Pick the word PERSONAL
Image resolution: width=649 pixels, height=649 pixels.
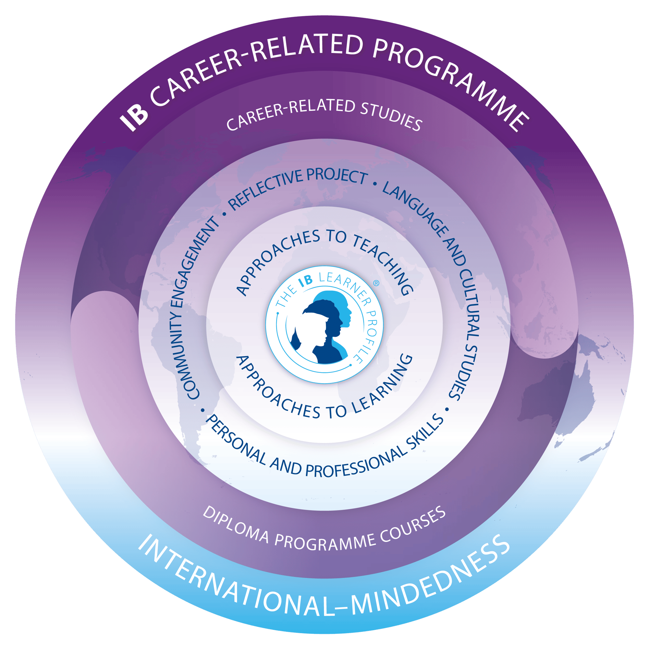pyautogui.click(x=235, y=444)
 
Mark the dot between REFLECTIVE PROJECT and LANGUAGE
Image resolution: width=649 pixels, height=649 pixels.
pyautogui.click(x=375, y=184)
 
